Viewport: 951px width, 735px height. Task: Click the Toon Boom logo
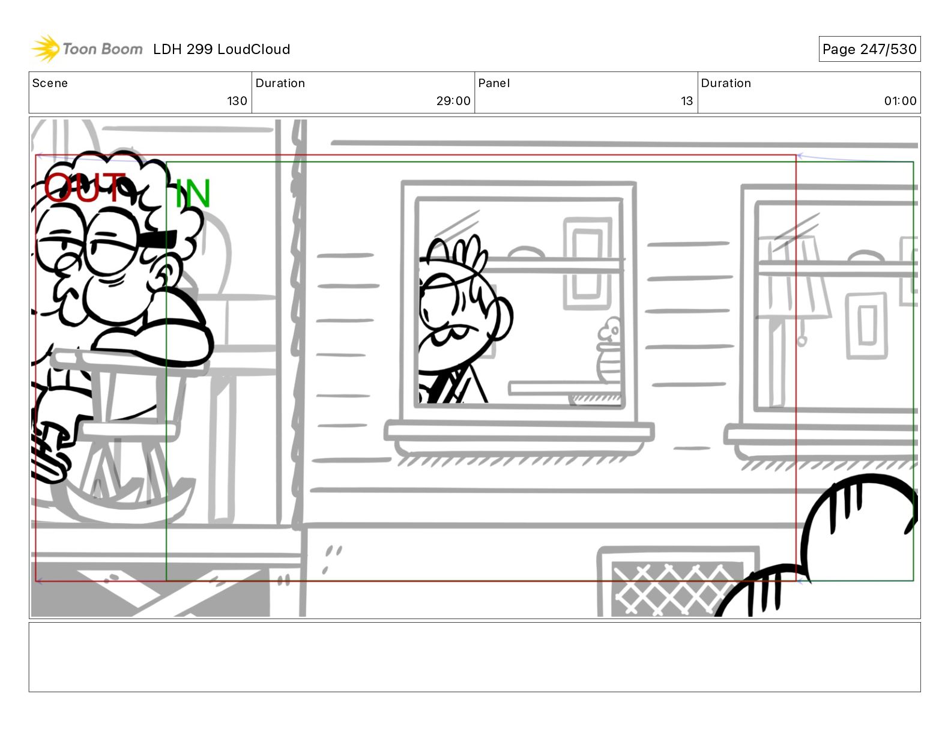click(86, 49)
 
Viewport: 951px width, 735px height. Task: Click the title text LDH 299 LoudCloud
click(222, 49)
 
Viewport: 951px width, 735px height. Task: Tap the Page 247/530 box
click(869, 49)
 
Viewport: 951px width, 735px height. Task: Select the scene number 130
click(237, 101)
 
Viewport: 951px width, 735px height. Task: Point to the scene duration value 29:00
click(453, 101)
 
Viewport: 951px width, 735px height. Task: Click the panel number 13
click(687, 101)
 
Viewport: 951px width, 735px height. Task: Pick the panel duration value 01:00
click(900, 101)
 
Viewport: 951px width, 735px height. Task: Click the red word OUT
click(84, 187)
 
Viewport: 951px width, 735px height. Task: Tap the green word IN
click(193, 193)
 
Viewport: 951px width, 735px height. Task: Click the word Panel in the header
click(494, 83)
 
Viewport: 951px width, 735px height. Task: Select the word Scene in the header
click(50, 83)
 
